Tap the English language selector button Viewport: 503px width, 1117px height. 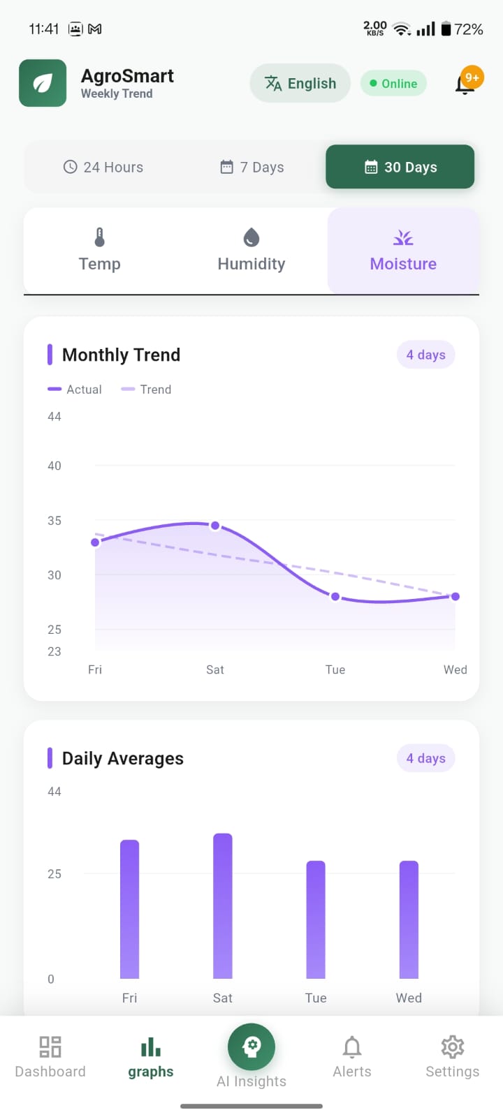click(300, 84)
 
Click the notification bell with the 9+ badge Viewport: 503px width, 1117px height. click(465, 84)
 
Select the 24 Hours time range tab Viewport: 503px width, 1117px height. click(103, 167)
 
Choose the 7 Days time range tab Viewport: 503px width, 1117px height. click(252, 167)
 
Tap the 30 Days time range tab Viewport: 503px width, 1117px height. click(400, 167)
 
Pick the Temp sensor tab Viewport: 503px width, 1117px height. click(100, 251)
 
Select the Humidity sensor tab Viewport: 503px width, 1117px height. click(251, 251)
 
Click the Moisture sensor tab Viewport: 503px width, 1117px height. click(403, 251)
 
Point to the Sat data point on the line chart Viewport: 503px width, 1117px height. click(215, 526)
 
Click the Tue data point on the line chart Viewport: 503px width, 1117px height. click(335, 597)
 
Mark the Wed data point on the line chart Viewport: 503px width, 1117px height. click(455, 596)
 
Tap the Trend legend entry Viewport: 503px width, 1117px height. click(147, 390)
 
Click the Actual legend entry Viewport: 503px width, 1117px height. click(75, 390)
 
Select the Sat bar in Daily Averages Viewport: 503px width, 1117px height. click(223, 905)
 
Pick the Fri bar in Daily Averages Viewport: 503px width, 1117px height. click(130, 909)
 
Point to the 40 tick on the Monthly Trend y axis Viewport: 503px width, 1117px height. click(54, 466)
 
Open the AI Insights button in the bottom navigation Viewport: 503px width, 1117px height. click(251, 1047)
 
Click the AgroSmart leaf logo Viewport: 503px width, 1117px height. click(43, 84)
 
